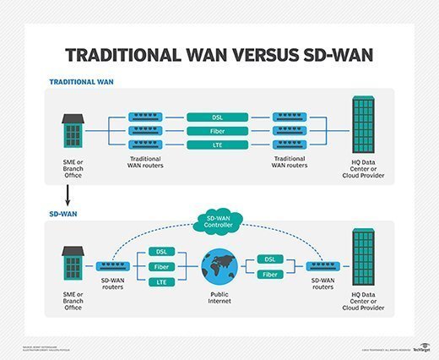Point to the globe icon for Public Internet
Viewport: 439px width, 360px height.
coord(218,265)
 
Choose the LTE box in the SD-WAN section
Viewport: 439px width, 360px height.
coord(162,281)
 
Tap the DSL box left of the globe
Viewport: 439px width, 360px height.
coord(162,252)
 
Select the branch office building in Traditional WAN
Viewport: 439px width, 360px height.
coord(73,128)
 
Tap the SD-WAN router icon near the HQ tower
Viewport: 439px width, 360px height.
coord(324,265)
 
